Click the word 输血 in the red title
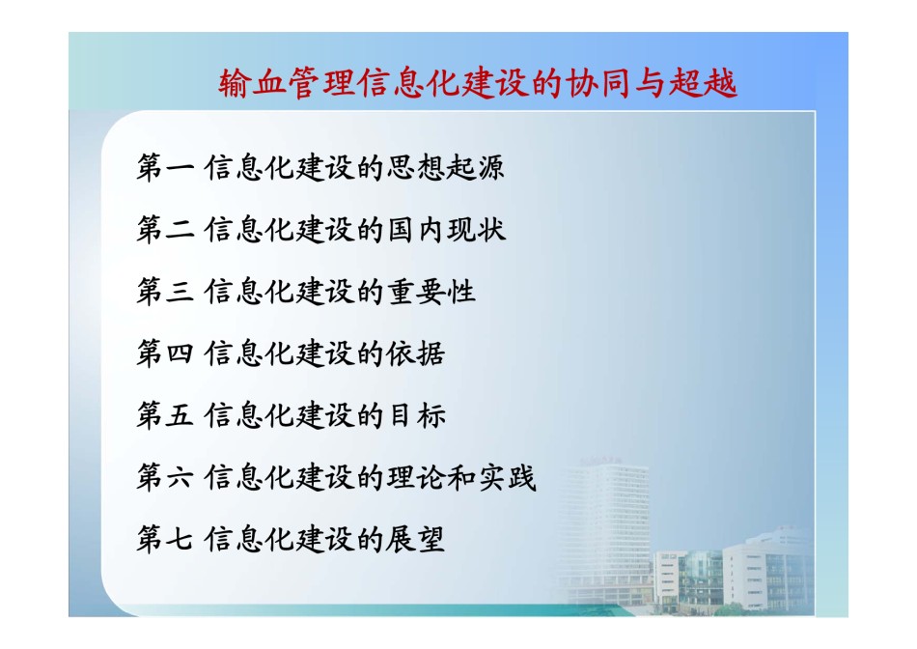(x=253, y=83)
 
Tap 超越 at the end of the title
(x=703, y=83)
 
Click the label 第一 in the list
(x=165, y=167)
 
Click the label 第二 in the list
(x=165, y=230)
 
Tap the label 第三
(x=165, y=292)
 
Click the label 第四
(x=165, y=353)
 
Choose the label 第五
(x=165, y=415)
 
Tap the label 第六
(x=165, y=477)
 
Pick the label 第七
(x=165, y=538)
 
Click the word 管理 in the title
(x=321, y=83)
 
